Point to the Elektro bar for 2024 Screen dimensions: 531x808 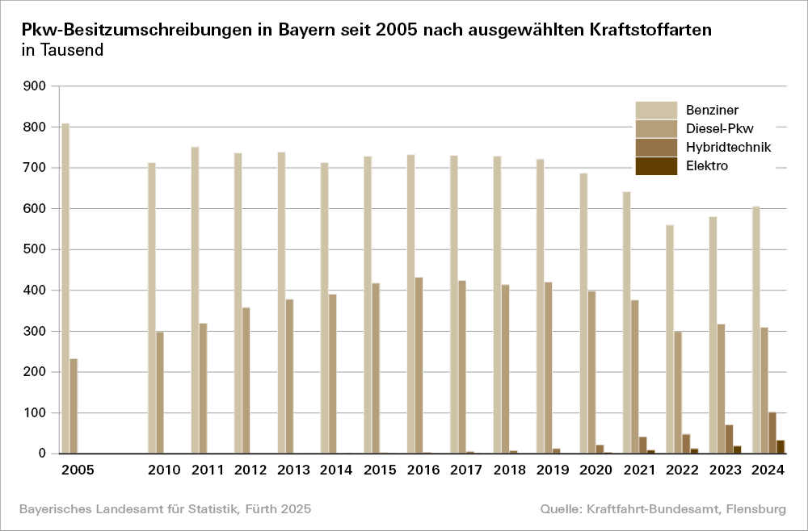(x=781, y=447)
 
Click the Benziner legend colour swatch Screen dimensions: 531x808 (x=655, y=110)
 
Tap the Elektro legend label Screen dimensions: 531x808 (x=707, y=166)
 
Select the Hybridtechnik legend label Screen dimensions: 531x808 (x=728, y=147)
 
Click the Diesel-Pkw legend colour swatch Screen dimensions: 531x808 (x=655, y=128)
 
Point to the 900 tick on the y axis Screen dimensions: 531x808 (x=36, y=86)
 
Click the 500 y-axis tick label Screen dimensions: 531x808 (x=36, y=249)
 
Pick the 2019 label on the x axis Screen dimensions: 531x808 (x=553, y=470)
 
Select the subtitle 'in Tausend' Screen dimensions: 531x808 (x=62, y=50)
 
